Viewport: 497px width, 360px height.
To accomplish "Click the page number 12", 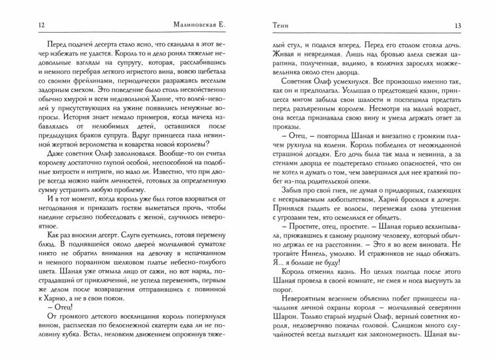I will (23, 25).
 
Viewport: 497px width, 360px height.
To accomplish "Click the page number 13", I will (477, 25).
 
